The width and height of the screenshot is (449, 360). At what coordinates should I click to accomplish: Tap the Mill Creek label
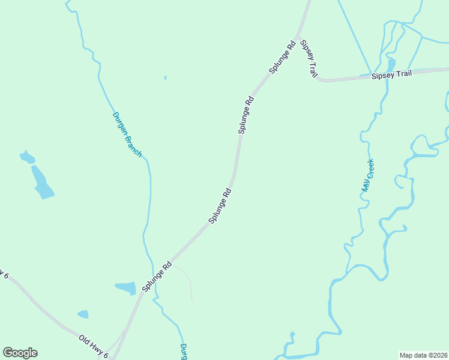(367, 175)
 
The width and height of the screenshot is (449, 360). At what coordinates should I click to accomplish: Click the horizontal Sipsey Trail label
(391, 74)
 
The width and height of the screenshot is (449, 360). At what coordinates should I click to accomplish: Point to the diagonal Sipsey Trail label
(309, 59)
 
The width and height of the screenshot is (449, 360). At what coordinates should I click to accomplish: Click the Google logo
(20, 352)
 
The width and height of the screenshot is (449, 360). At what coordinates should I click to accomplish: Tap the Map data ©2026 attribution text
(423, 355)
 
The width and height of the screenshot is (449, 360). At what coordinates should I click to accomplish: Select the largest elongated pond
(41, 182)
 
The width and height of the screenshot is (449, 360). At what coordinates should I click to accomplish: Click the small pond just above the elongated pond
(27, 158)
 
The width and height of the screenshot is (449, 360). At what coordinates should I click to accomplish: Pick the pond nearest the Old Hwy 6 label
(83, 314)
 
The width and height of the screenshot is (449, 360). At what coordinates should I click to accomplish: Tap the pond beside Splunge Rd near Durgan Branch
(127, 288)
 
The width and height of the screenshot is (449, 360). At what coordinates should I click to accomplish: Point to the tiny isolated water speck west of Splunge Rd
(165, 77)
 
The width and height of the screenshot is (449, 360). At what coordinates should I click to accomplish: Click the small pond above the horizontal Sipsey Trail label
(391, 64)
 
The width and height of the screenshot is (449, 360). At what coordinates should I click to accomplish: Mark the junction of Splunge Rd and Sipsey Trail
(298, 37)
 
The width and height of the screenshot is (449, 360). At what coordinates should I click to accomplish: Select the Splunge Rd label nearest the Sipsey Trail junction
(282, 56)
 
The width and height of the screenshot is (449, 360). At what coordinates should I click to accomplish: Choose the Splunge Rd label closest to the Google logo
(157, 277)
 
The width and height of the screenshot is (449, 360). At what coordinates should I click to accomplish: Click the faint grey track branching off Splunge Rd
(187, 279)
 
